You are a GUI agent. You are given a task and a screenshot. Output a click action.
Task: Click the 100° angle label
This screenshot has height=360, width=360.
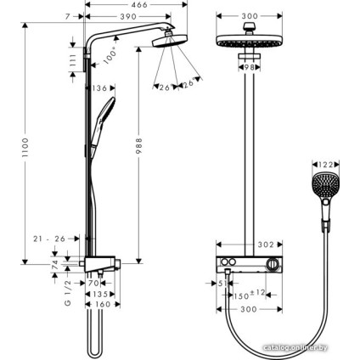point(110,58)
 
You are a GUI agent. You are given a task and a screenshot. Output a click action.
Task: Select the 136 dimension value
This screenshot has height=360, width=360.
point(98,87)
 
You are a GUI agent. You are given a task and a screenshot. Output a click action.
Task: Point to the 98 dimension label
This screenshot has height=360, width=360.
point(248,67)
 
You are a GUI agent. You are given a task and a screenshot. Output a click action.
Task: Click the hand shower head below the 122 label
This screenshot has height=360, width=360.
point(325,188)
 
